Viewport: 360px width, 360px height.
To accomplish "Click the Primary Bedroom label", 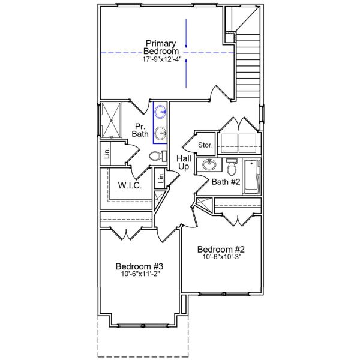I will click(x=160, y=47).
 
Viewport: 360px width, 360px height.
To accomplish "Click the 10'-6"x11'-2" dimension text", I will click(x=140, y=275).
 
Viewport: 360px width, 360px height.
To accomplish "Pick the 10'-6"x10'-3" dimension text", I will click(x=222, y=258).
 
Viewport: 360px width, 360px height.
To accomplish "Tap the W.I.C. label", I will click(x=130, y=185).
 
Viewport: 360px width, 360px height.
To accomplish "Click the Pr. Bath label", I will click(x=140, y=129).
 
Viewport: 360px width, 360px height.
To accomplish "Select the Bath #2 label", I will click(x=227, y=181).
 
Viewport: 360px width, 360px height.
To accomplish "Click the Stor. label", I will click(x=206, y=144).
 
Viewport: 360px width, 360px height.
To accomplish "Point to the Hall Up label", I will click(x=184, y=162).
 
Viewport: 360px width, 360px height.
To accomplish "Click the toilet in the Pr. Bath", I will click(x=157, y=157).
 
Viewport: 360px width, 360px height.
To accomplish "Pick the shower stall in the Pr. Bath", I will click(x=112, y=121).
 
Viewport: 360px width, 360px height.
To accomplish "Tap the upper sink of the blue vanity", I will click(x=161, y=111).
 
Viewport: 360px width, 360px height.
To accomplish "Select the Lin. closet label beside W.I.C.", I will click(x=160, y=178).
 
